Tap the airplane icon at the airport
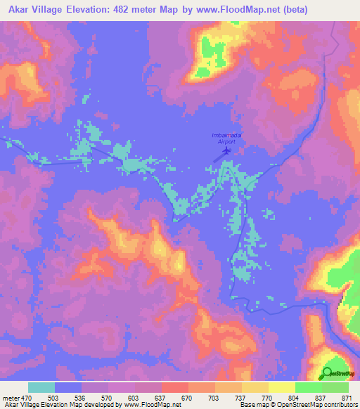[226, 149]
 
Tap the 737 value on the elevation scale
[241, 397]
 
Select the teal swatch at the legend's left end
[41, 387]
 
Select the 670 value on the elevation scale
[187, 397]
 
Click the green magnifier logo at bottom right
[328, 374]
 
